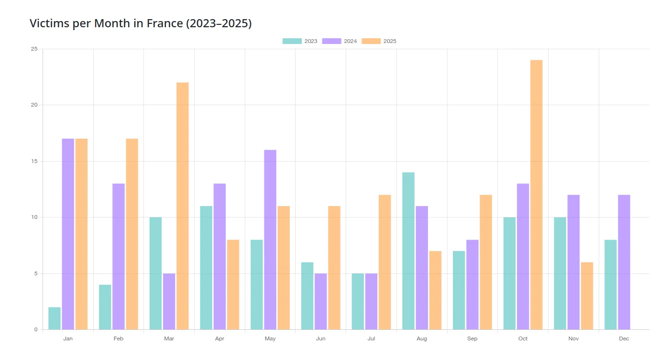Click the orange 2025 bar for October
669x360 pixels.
pyautogui.click(x=536, y=195)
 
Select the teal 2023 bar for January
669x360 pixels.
pyautogui.click(x=55, y=318)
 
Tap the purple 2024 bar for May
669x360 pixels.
pyautogui.click(x=270, y=240)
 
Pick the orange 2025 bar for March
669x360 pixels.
pyautogui.click(x=183, y=206)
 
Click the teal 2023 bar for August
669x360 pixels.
pyautogui.click(x=408, y=251)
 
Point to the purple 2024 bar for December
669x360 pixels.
pyautogui.click(x=624, y=262)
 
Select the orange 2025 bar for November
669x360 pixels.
pyautogui.click(x=587, y=296)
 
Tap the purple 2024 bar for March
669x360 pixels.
pyautogui.click(x=169, y=302)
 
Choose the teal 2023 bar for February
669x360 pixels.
pyautogui.click(x=105, y=307)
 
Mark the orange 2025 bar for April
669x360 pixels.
pyautogui.click(x=233, y=284)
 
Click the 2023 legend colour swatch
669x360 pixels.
pyautogui.click(x=292, y=41)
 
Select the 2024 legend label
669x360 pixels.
pyautogui.click(x=351, y=41)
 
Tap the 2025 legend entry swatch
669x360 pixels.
pyautogui.click(x=371, y=41)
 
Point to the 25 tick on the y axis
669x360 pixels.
pyautogui.click(x=34, y=49)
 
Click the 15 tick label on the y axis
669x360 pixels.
pyautogui.click(x=34, y=161)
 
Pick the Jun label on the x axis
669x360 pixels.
pyautogui.click(x=321, y=338)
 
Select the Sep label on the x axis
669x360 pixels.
pyautogui.click(x=472, y=338)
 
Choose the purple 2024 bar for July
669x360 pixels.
pyautogui.click(x=371, y=302)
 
